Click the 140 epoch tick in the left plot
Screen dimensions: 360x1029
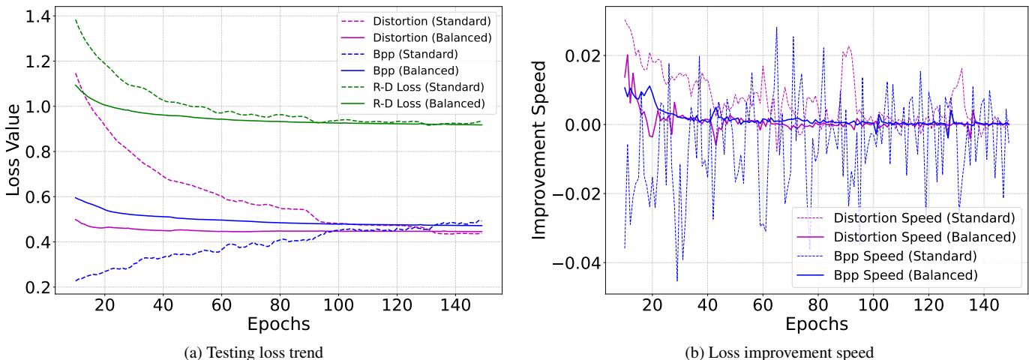point(455,306)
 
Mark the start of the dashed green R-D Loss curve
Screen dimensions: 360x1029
point(76,20)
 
